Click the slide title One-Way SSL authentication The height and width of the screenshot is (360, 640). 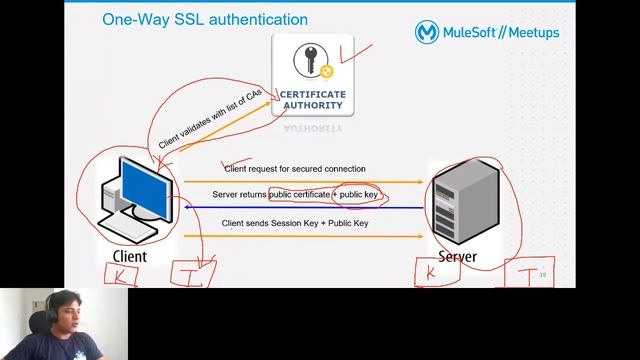205,20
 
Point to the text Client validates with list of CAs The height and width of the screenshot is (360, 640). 210,119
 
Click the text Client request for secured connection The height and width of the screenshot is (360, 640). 294,169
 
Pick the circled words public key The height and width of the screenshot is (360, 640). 357,193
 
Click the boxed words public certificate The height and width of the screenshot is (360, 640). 299,193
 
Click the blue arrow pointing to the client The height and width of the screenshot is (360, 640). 300,208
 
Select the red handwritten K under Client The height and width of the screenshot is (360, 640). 121,277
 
